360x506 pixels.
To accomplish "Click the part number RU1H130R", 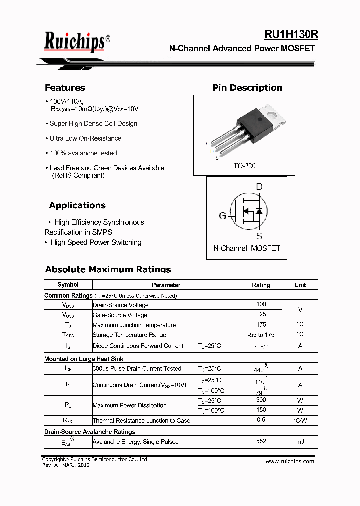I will pos(291,34).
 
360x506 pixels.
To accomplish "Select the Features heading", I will pos(65,88).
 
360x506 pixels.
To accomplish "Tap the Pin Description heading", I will pos(247,88).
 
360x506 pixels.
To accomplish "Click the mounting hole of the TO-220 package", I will pos(274,113).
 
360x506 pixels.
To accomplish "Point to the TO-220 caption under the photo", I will pos(244,166).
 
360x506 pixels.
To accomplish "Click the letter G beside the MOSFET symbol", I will pos(222,216).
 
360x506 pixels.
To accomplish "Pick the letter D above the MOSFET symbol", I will pos(259,187).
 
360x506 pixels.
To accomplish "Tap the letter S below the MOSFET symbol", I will pos(259,236).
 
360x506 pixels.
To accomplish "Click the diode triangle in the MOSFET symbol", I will pos(259,211).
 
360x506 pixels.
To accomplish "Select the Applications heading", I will pos(77,205).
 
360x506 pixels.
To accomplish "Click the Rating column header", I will pos(261,285).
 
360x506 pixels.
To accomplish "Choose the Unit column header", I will pos(300,285).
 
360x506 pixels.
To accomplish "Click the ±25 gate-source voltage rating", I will pos(261,314).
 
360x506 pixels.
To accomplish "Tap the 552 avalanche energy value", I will pos(261,441).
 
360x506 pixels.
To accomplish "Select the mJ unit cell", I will pos(300,442).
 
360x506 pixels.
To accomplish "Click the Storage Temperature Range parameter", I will pos(129,335).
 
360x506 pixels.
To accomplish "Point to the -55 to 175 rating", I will pos(261,335).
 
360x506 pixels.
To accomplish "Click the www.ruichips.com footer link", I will pos(290,461).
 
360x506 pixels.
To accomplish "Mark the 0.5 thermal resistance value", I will pos(261,420).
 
